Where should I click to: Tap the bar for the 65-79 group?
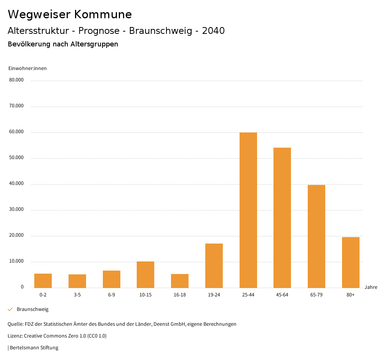point(316,236)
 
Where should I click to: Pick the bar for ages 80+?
point(351,262)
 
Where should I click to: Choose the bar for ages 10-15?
point(145,274)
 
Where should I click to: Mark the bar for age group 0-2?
point(43,280)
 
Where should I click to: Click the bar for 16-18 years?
point(180,281)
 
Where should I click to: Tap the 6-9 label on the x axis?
point(112,295)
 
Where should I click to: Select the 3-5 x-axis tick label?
point(77,295)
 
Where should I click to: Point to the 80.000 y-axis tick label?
point(16,80)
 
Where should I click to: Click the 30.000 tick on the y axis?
point(16,209)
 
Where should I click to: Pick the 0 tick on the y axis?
point(22,287)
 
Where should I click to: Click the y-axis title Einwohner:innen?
point(27,68)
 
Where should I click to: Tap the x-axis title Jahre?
point(371,287)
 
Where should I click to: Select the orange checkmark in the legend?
point(10,309)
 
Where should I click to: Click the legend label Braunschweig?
point(32,309)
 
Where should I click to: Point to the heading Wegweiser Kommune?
point(70,14)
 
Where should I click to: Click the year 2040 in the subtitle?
point(213,31)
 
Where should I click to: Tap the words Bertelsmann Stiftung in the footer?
point(34,348)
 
